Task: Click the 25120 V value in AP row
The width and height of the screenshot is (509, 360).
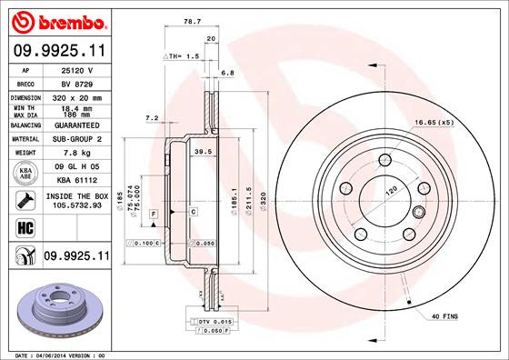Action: click(76, 68)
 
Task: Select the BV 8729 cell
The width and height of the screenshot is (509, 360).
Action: click(76, 82)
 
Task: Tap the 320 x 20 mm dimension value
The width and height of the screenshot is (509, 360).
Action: click(76, 96)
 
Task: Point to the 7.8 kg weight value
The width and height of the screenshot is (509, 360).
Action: click(76, 153)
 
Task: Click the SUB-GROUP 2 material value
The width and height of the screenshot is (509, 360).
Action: click(76, 139)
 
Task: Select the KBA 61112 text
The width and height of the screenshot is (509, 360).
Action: click(76, 182)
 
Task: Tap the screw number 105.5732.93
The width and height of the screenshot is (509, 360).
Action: click(76, 205)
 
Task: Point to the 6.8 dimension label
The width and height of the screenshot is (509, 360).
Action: click(228, 74)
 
